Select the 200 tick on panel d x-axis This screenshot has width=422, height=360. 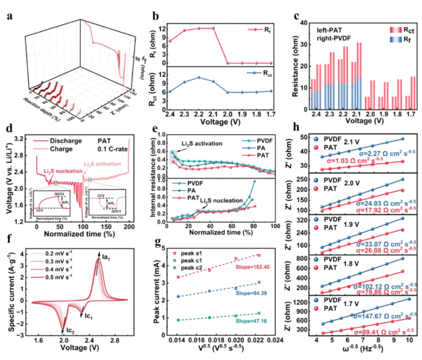coord(129,228)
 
